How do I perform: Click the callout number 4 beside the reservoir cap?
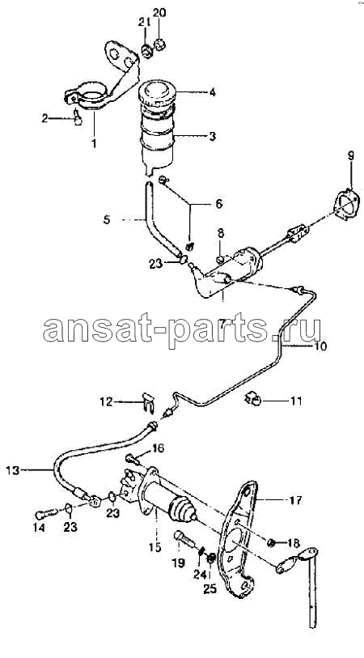tap(213, 92)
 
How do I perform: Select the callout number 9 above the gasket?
tap(350, 157)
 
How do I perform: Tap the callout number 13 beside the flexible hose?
tap(13, 470)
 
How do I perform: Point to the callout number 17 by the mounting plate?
tap(295, 500)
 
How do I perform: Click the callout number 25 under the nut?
tap(210, 589)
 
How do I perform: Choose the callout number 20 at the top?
tap(159, 13)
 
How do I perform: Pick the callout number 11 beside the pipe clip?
tap(296, 401)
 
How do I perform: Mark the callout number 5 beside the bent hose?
tap(107, 219)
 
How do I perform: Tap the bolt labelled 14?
tap(46, 513)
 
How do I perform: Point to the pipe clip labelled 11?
tap(253, 399)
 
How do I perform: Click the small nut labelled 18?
tap(271, 543)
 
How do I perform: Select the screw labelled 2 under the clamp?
tap(78, 118)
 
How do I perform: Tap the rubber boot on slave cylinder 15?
tap(181, 511)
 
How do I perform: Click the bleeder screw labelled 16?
tap(132, 459)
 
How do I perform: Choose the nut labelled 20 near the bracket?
tap(160, 43)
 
